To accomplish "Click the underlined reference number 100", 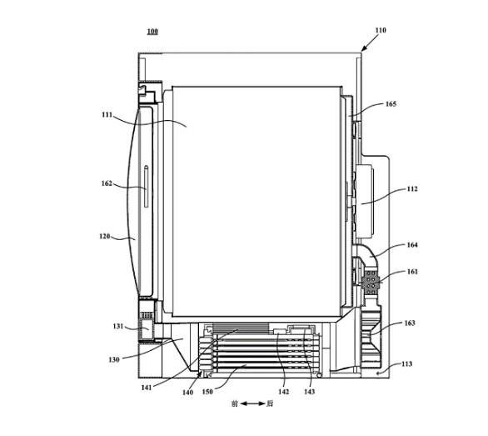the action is [152, 32].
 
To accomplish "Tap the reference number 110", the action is [381, 30].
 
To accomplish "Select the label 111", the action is [107, 115].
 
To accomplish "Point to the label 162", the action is [107, 183].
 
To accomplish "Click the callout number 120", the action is [105, 236].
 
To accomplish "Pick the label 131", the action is [118, 327].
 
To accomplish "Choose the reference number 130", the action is [114, 359].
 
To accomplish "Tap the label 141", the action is [147, 388].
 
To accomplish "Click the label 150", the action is [207, 392].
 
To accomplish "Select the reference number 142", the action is [284, 392].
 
